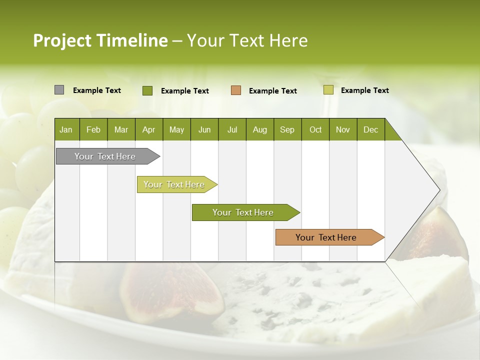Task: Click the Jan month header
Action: [66, 129]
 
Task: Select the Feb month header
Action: [93, 129]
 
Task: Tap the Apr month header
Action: [148, 129]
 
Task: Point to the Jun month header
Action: [204, 129]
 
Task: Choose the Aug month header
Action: [259, 129]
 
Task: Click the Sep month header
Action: [287, 129]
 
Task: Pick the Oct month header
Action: [315, 129]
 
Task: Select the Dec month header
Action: [370, 129]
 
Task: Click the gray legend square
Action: [59, 90]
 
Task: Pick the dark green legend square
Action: [147, 90]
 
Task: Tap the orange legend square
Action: [236, 90]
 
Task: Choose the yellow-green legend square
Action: [328, 90]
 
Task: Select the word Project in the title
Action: [62, 40]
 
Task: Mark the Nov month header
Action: [342, 129]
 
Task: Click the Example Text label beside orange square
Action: [272, 91]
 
